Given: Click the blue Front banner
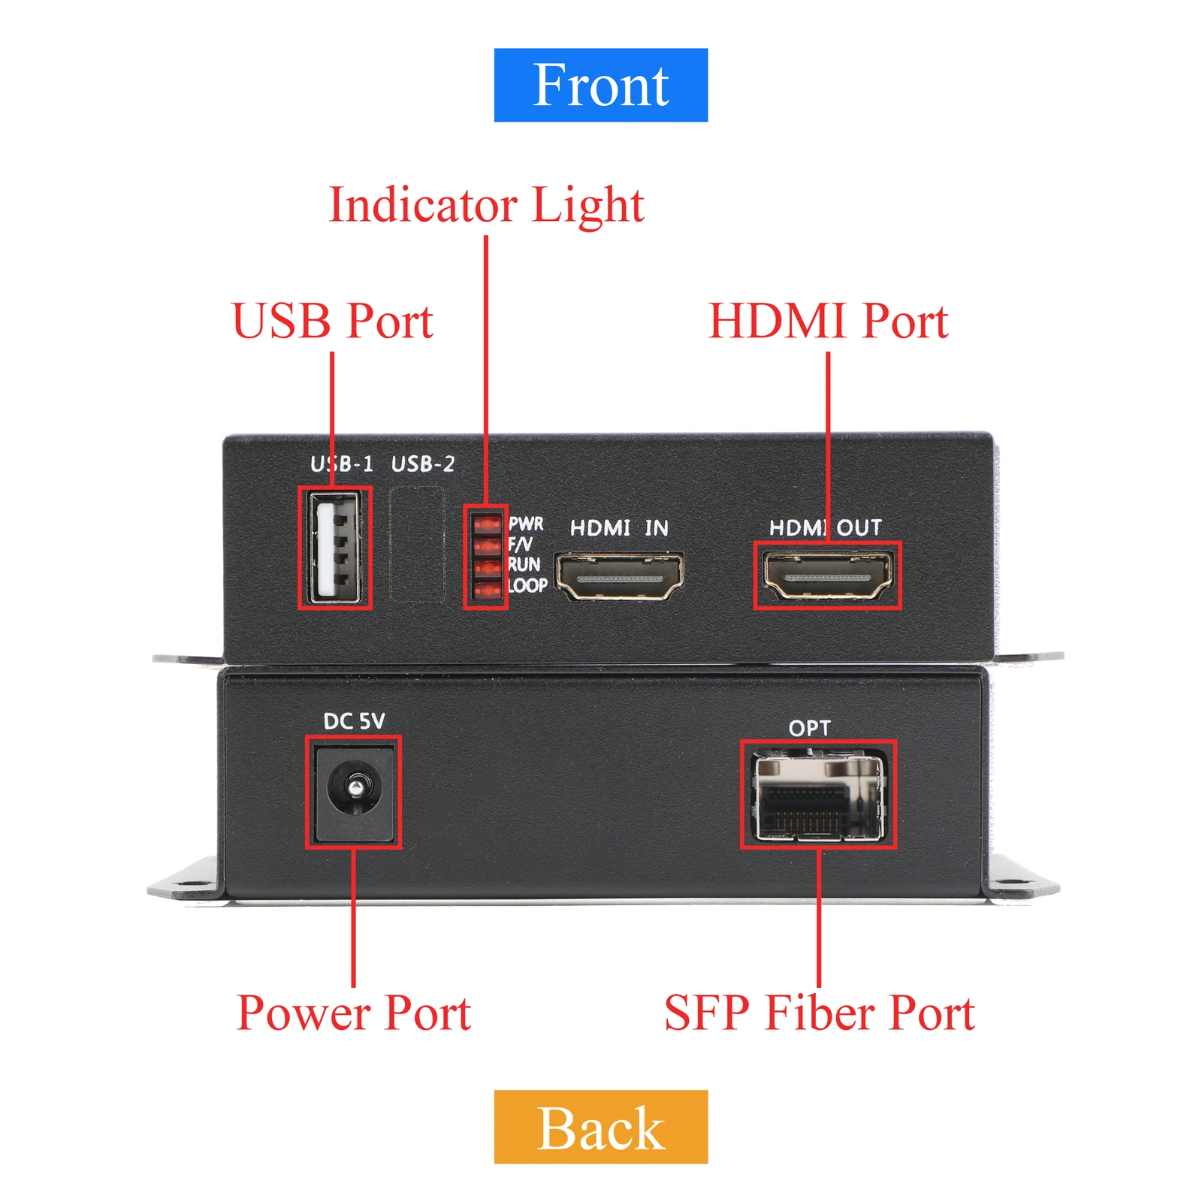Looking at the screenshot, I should (600, 85).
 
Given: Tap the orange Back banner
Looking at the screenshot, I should (600, 1127).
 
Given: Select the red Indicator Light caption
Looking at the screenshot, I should (486, 205).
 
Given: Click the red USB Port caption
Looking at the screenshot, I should (332, 321).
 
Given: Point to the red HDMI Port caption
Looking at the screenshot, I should (828, 321).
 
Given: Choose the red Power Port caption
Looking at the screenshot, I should (353, 1013).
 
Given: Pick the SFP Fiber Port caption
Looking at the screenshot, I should (819, 1013).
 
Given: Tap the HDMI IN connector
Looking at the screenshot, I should (619, 576).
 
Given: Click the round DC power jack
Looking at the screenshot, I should (354, 789).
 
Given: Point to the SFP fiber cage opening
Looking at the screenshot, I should (818, 796).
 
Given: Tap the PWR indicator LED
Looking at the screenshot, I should (488, 523).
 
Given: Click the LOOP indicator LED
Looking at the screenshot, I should (488, 590).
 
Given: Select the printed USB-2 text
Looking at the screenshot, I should (423, 464).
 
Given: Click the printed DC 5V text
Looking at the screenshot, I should (354, 721).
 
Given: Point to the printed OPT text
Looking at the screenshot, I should (809, 728).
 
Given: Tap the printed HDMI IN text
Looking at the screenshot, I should (619, 528).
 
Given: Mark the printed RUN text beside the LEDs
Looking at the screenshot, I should (524, 564).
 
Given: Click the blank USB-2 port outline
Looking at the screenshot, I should (417, 545).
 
